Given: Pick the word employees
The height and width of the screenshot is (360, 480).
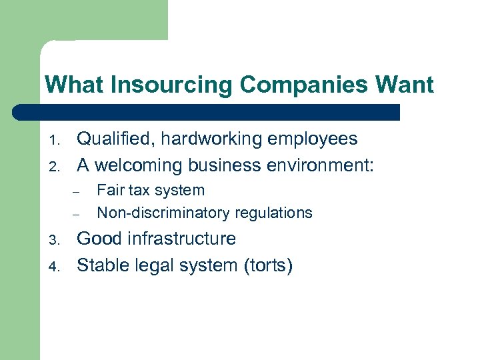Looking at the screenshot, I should point(314,139).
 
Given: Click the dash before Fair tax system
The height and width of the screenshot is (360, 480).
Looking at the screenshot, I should point(77,192).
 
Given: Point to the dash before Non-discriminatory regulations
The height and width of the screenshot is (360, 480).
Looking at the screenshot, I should point(77,215).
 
